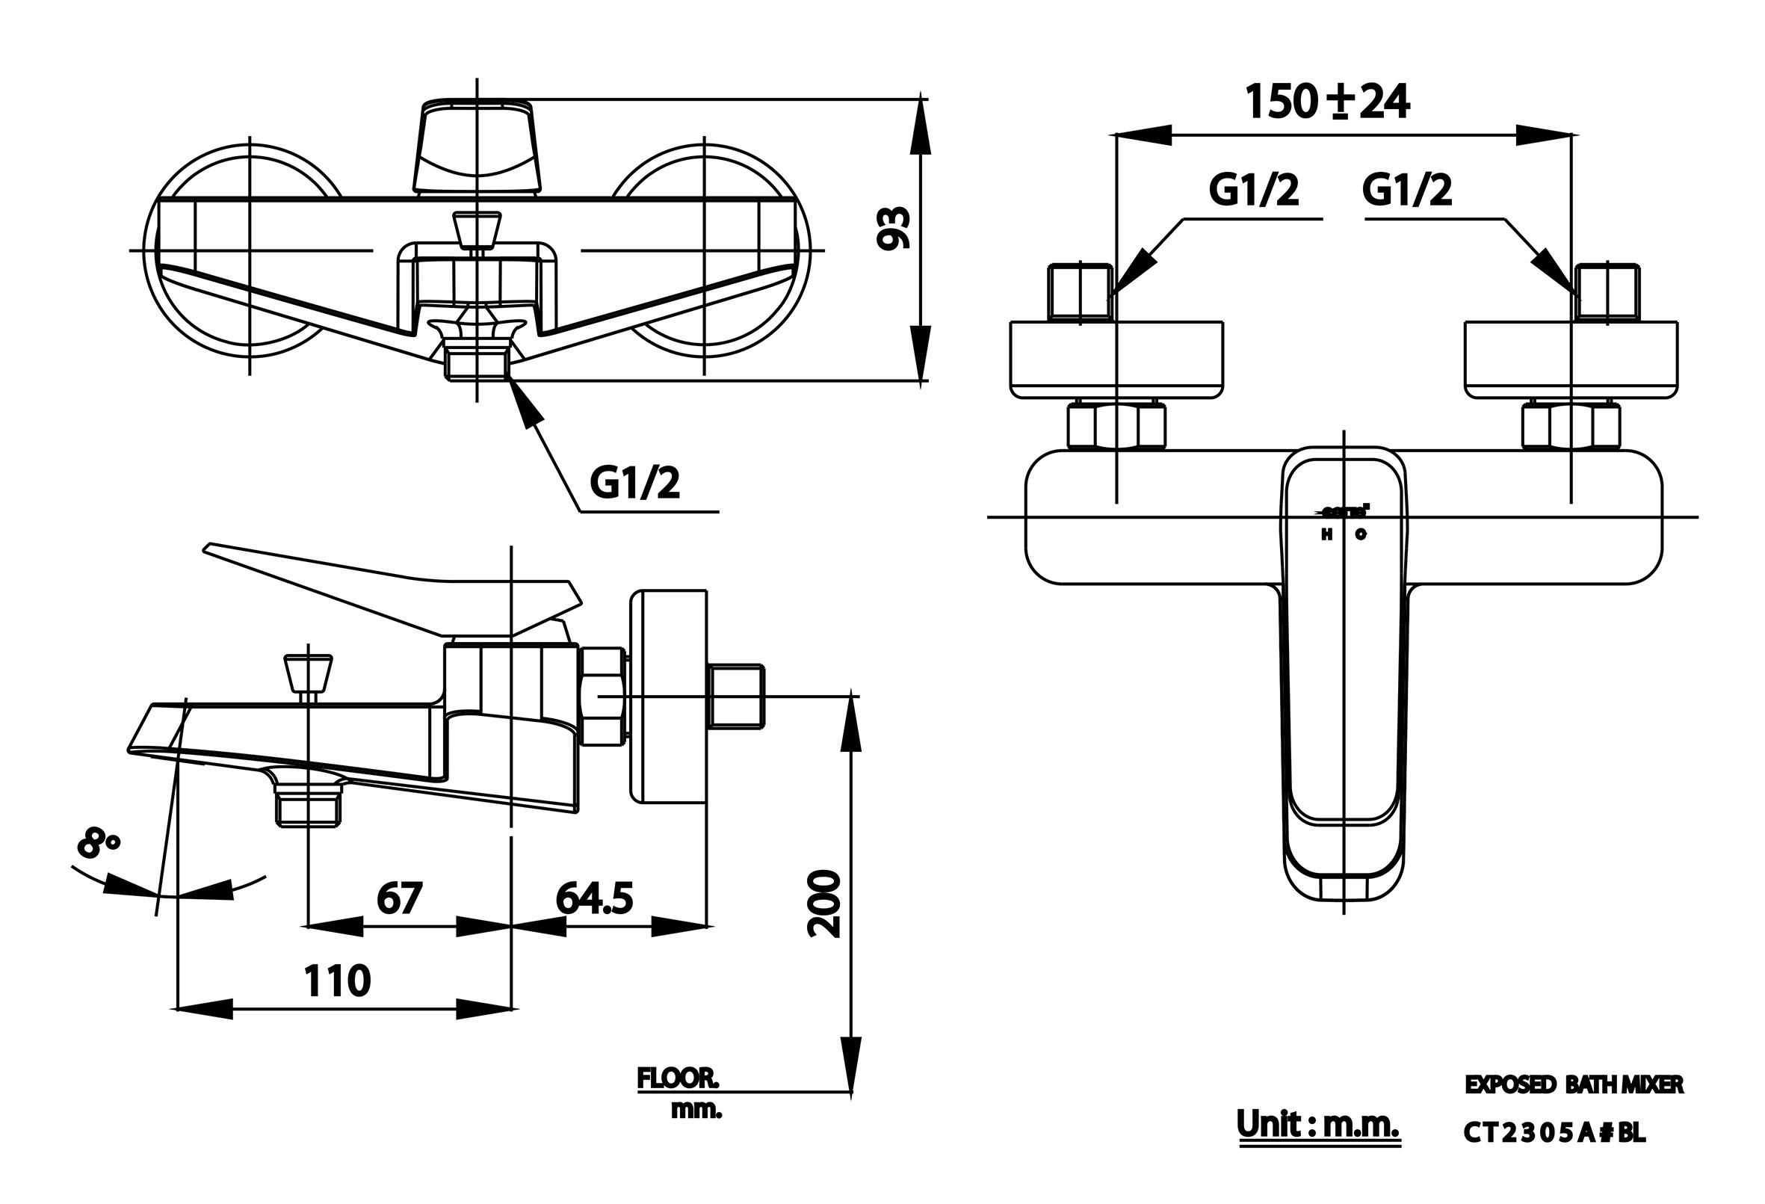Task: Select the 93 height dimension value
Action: tap(894, 228)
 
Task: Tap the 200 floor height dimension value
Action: tap(825, 904)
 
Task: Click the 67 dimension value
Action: tap(400, 898)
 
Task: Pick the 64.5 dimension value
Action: tap(594, 898)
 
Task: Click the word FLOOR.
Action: tap(678, 1078)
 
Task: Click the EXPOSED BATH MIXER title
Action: tap(1574, 1085)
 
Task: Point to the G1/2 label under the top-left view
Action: tap(635, 483)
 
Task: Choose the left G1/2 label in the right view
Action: tap(1254, 190)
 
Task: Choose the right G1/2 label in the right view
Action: tap(1407, 190)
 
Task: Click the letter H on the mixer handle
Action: tap(1327, 534)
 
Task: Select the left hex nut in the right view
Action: tap(1116, 427)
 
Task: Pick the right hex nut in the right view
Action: tap(1571, 427)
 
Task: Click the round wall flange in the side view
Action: tap(668, 697)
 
